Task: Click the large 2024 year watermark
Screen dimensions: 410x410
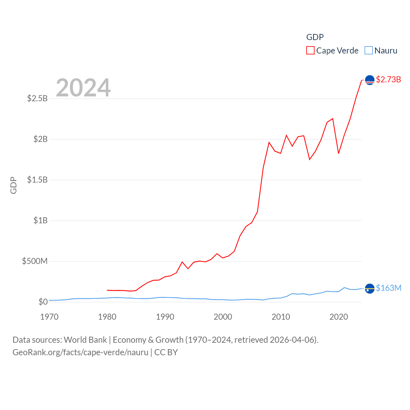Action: click(83, 87)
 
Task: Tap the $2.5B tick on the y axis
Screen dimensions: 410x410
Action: click(37, 98)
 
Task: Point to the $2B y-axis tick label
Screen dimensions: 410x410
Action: click(40, 139)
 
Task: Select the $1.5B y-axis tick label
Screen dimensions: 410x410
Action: click(37, 180)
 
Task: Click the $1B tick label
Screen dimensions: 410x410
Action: click(40, 220)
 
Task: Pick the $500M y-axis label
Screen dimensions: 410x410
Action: click(35, 261)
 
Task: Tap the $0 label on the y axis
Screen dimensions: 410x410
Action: click(43, 302)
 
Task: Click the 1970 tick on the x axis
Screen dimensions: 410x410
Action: click(49, 317)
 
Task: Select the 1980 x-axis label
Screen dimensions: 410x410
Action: click(107, 317)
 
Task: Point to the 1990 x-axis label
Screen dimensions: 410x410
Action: click(165, 317)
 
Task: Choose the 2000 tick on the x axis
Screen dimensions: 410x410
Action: click(223, 317)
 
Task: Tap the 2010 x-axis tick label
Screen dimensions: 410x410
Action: click(281, 317)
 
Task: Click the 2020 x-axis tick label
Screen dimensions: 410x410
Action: click(339, 317)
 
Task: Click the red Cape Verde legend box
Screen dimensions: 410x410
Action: click(310, 51)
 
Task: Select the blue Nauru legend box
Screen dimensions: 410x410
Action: click(369, 51)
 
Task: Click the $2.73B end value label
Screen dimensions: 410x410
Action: click(388, 79)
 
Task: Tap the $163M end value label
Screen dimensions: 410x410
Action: click(389, 288)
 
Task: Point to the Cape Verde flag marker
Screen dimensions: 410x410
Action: click(370, 80)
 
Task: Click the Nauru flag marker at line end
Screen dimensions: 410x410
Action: click(370, 289)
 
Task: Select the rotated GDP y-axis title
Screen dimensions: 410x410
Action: click(13, 185)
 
